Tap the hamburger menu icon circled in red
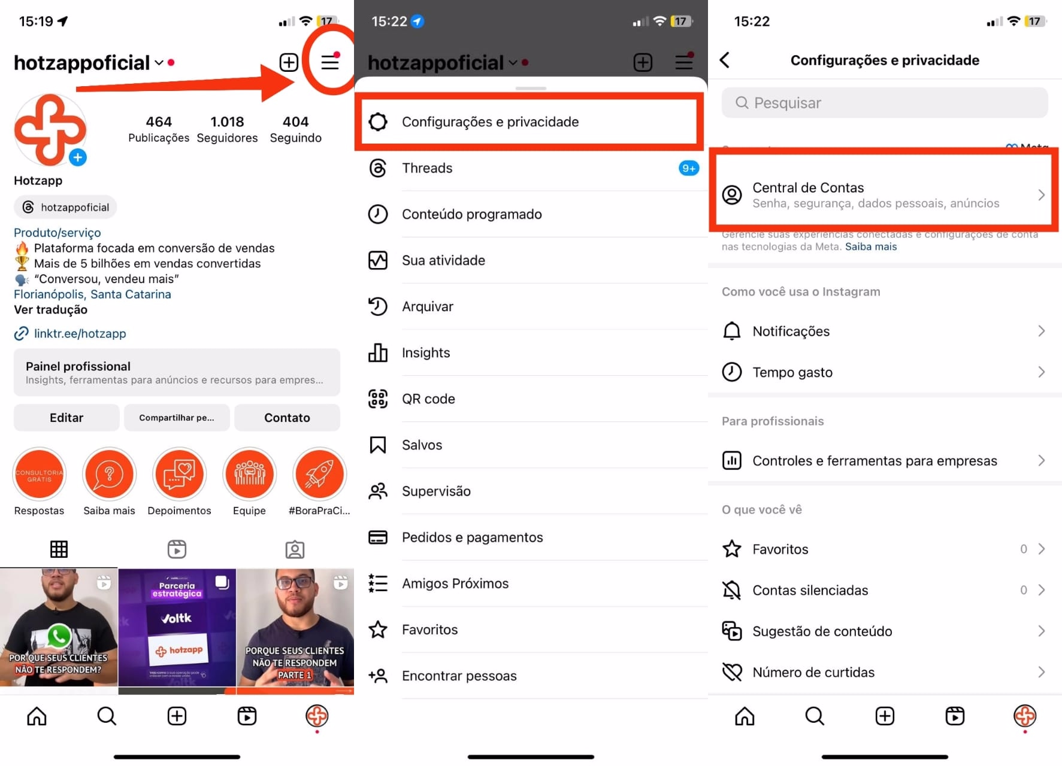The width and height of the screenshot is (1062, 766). [329, 62]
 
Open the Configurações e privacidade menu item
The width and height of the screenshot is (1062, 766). [490, 122]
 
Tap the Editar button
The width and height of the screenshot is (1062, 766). [66, 418]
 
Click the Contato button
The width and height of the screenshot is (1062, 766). [287, 418]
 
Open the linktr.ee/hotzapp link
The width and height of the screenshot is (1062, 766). [80, 333]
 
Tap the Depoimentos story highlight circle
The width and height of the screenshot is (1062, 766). [179, 475]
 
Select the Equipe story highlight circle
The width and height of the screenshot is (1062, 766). [249, 475]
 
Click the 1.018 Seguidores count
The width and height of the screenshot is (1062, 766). [227, 129]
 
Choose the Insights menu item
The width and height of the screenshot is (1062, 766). [425, 353]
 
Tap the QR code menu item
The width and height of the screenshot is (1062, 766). [428, 399]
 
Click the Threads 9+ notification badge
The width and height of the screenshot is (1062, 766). [689, 168]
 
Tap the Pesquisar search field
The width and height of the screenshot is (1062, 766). [884, 103]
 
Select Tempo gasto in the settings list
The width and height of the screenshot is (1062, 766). [792, 372]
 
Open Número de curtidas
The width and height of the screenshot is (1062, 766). [813, 673]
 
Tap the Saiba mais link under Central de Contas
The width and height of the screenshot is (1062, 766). [871, 247]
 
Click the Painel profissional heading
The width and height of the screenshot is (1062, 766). [78, 366]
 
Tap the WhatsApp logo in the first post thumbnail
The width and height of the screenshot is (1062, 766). [59, 636]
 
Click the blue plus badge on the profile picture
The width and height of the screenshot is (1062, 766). [78, 157]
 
